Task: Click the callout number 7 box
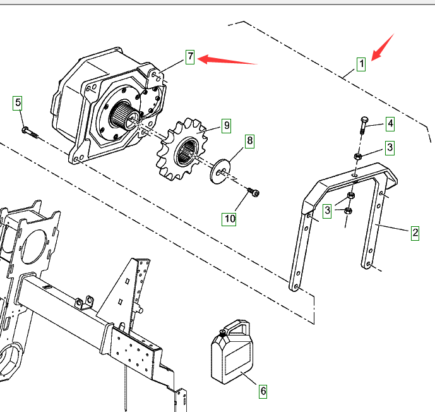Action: click(x=191, y=57)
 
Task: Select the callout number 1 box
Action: click(x=361, y=64)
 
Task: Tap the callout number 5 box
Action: click(x=18, y=102)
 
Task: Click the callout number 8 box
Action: click(x=249, y=140)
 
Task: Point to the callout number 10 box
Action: click(x=229, y=219)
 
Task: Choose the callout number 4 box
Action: click(x=390, y=123)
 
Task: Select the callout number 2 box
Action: click(x=415, y=233)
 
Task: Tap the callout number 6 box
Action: click(x=263, y=391)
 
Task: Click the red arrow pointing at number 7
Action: click(x=227, y=61)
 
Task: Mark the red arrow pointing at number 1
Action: click(x=382, y=47)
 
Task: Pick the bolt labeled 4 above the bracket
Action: click(x=363, y=126)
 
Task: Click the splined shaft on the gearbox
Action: click(x=122, y=116)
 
